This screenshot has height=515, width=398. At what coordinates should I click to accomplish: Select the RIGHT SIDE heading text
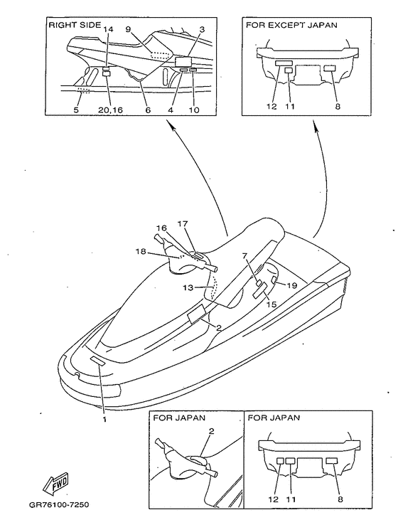tap(75, 25)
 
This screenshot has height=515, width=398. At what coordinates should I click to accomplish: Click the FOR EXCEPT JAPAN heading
tap(291, 25)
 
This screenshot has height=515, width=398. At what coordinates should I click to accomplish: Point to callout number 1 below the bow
tap(104, 420)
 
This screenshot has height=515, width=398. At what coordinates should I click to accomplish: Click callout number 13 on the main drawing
tap(188, 287)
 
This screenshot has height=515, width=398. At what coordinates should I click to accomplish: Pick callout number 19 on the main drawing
tap(291, 285)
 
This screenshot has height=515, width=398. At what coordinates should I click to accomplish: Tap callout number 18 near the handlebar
tap(141, 252)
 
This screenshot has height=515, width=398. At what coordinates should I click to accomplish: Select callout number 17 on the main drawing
tap(183, 224)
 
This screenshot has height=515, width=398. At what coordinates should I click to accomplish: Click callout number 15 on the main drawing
tap(271, 304)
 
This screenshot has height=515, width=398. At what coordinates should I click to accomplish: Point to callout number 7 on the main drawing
tap(244, 255)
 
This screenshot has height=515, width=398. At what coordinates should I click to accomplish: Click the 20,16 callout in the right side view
tap(110, 110)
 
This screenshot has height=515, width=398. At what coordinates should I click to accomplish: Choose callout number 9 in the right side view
tap(129, 30)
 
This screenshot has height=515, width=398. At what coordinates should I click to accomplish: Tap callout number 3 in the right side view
tap(202, 30)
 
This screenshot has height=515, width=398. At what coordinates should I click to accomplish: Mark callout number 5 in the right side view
tap(76, 110)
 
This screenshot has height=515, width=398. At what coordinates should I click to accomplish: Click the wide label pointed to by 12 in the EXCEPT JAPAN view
tap(284, 63)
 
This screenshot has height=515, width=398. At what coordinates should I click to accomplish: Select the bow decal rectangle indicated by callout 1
tap(98, 361)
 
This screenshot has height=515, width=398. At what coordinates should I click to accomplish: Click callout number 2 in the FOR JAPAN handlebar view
tap(211, 431)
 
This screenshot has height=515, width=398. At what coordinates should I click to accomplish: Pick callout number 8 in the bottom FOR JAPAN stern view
tap(340, 499)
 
